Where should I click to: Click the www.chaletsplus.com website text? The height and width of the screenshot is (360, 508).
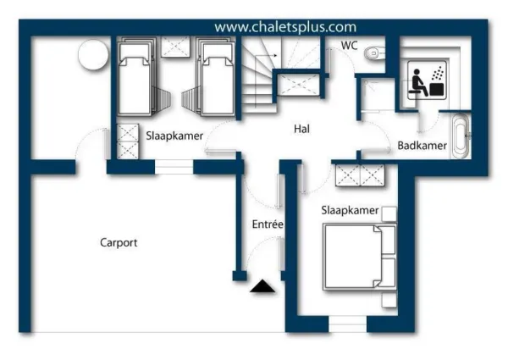click(285, 27)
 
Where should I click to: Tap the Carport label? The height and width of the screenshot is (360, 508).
click(119, 243)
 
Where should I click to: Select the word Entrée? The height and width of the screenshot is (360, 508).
click(268, 224)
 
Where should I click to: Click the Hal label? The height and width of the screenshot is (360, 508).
click(301, 129)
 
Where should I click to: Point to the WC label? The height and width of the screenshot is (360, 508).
click(349, 46)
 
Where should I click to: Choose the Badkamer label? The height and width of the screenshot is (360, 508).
click(422, 146)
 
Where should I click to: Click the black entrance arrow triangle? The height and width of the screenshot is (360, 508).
click(262, 286)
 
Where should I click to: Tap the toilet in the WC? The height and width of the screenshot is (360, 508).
click(374, 53)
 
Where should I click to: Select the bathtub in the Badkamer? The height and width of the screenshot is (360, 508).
click(461, 136)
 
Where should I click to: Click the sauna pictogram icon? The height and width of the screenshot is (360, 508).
click(427, 80)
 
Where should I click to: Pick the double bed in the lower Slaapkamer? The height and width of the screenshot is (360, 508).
click(360, 257)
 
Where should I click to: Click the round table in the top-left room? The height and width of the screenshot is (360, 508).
click(93, 55)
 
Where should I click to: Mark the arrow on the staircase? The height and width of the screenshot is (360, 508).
click(266, 56)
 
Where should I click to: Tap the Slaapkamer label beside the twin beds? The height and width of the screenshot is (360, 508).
click(174, 136)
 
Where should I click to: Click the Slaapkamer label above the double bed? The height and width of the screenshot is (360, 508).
click(350, 210)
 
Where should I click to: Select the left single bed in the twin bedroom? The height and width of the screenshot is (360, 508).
click(135, 77)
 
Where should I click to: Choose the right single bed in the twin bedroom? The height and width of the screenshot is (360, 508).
click(217, 77)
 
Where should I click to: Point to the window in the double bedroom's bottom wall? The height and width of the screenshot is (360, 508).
click(348, 324)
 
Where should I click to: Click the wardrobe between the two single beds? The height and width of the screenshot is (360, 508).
click(175, 47)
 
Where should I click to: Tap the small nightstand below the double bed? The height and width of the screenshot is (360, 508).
click(389, 301)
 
